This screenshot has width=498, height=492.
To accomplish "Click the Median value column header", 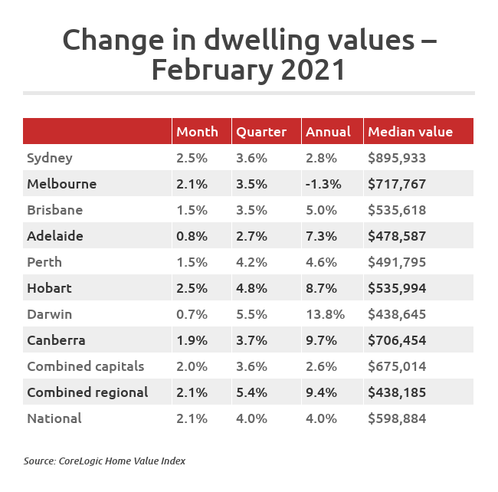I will tap(410, 132).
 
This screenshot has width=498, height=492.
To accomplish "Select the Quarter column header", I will tap(261, 132).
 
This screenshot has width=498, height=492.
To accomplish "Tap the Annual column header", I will tap(328, 132).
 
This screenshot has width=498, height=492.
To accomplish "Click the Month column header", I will tap(197, 132).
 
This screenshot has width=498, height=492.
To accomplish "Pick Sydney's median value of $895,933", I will tap(397, 159).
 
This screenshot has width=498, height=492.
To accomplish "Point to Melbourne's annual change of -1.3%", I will tap(322, 185).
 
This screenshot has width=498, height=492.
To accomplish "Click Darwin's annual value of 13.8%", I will tap(325, 314).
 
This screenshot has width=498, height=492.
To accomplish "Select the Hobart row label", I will tap(49, 288).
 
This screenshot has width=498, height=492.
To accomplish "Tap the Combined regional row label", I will tap(87, 392).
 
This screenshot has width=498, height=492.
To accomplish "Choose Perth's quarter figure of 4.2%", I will tap(251, 262).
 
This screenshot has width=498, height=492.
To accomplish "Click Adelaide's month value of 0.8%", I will tap(192, 236).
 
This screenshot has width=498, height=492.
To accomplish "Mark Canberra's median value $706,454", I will tap(397, 340).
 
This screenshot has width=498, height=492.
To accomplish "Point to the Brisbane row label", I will tap(54, 210).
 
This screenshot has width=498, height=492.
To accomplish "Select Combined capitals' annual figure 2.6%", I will tap(320, 366).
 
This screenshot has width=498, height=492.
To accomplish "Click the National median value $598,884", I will tap(397, 418).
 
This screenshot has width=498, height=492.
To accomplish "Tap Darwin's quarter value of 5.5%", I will tap(251, 314).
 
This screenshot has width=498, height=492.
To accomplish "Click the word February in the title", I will tap(206, 70).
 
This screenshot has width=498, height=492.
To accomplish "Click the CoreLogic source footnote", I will tap(104, 461).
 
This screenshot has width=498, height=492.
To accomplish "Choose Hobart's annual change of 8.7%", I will tap(320, 288).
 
